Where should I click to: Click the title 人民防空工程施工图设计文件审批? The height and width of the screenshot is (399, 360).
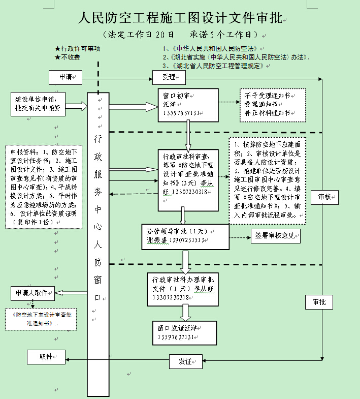click(180, 19)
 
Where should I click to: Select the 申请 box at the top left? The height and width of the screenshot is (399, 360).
click(64, 77)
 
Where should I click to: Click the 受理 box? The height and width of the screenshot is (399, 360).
click(170, 77)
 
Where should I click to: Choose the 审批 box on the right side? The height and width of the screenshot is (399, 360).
click(319, 302)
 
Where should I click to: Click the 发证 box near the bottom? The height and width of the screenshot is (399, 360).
click(185, 361)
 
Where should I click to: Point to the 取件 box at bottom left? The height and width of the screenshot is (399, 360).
click(46, 357)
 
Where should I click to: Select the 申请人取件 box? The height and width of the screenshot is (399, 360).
click(33, 293)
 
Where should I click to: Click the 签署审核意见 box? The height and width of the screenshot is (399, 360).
click(275, 236)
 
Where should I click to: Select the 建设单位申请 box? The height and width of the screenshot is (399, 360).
click(38, 103)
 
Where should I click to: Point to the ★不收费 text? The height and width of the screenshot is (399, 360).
click(71, 57)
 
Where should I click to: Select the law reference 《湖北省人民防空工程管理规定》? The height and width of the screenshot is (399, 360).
click(213, 66)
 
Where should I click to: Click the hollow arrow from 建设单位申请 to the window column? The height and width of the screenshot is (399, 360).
click(77, 106)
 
